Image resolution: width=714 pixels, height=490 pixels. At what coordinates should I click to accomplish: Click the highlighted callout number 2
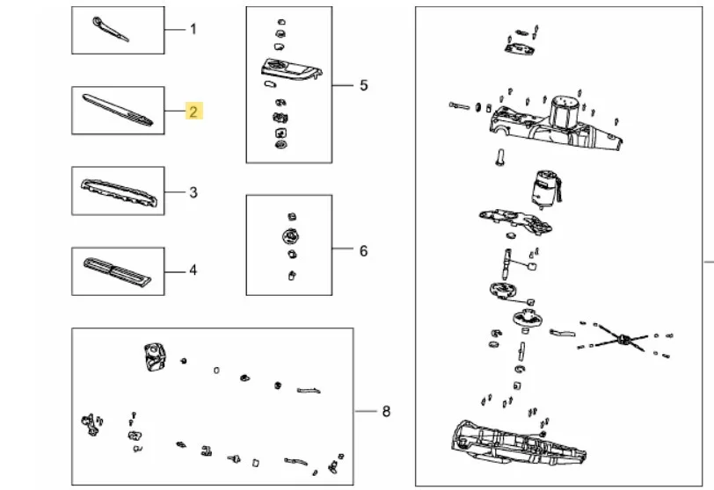point(193,112)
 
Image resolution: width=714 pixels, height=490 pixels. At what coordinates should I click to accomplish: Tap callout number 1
point(193,29)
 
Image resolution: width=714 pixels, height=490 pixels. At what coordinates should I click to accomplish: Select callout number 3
point(193,192)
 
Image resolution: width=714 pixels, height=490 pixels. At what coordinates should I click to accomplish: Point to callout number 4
point(193,270)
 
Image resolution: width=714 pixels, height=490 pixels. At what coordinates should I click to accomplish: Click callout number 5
point(363,85)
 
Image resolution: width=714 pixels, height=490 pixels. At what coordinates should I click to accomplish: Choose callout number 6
point(363,251)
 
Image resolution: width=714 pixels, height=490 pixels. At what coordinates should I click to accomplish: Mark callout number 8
point(386,411)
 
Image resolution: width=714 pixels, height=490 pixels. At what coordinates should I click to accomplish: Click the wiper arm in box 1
point(111,29)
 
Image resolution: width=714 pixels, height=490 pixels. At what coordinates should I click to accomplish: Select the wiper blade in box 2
point(117,110)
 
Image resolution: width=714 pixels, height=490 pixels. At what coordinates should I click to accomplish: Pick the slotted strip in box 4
point(117,271)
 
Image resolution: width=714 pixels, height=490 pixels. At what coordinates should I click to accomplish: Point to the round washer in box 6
point(290,236)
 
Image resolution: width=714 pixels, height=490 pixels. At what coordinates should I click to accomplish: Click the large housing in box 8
point(155,357)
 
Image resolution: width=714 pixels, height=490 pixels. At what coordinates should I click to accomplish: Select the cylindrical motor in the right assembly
point(543,189)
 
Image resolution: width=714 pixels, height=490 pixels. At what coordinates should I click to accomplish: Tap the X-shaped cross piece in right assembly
point(622,339)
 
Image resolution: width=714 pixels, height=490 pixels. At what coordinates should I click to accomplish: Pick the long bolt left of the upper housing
point(460,106)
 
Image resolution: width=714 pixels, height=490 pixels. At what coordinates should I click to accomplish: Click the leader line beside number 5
point(343,85)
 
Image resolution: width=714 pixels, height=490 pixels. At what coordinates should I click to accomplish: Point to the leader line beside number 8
point(365,411)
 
